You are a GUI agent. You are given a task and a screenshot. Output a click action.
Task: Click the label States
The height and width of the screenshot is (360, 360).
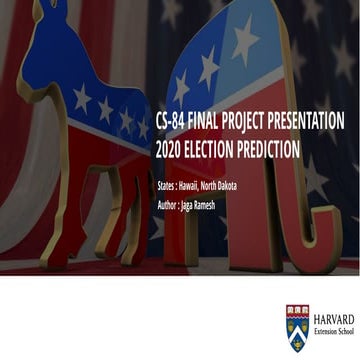pos(169,187)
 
